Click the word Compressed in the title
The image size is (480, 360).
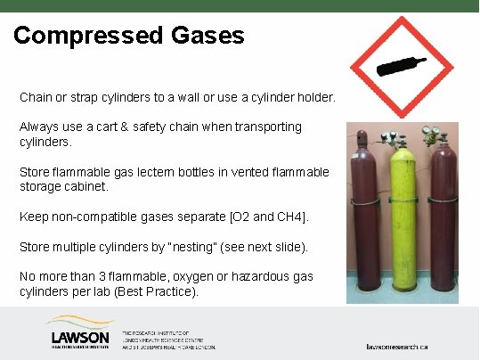coord(85,36)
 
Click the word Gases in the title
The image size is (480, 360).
coord(206,36)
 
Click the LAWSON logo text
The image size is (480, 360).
coord(80,338)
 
